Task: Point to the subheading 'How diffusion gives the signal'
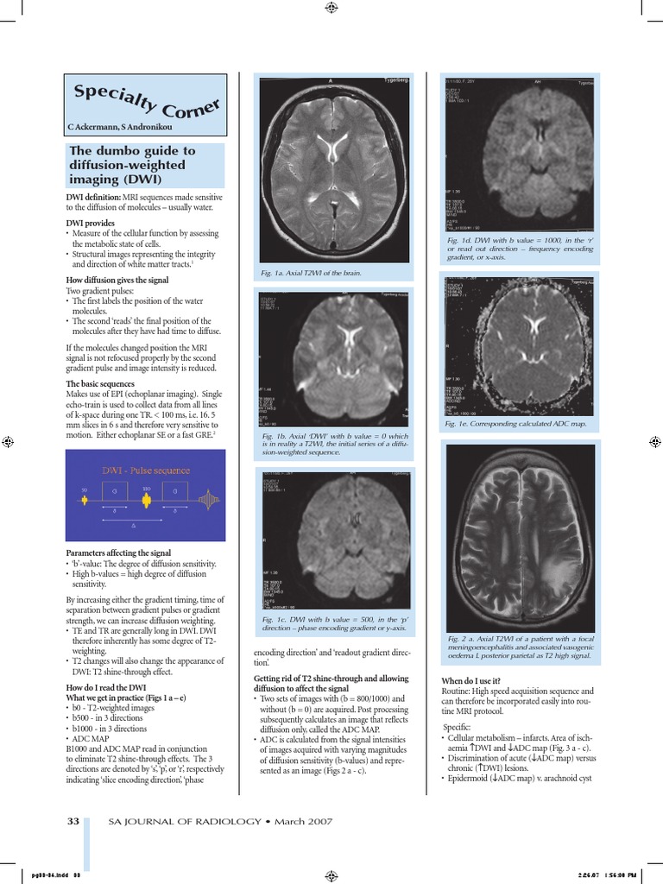point(118,280)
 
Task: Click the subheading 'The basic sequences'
point(100,383)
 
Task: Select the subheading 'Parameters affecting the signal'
point(118,552)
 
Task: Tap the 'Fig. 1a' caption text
point(310,273)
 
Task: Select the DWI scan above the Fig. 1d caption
point(518,152)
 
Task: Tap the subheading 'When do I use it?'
point(470,681)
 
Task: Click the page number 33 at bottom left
point(73,821)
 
